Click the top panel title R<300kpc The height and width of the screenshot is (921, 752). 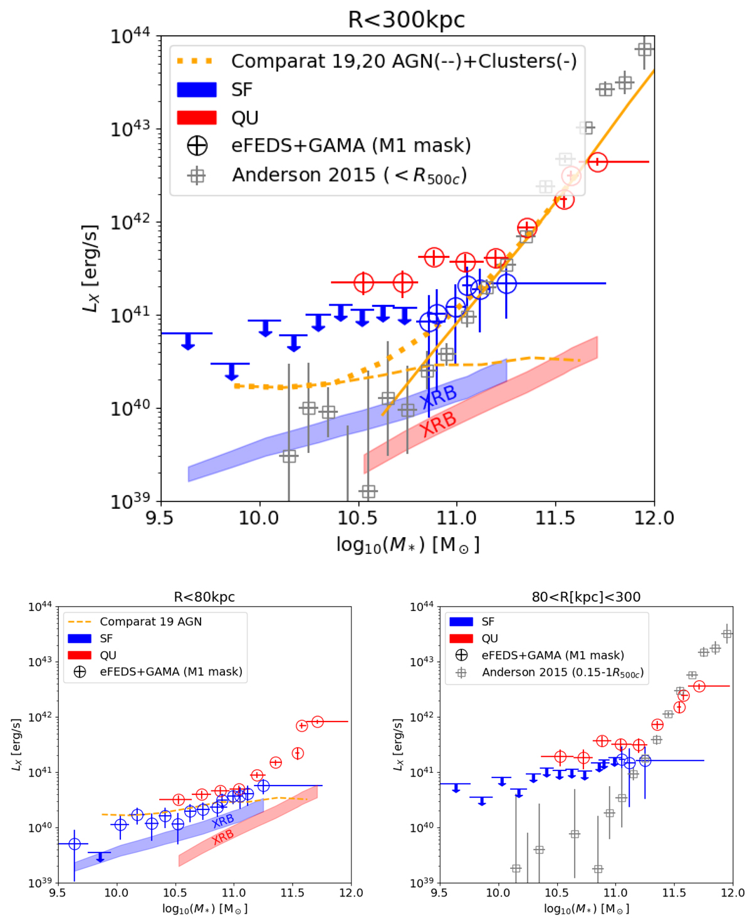(406, 19)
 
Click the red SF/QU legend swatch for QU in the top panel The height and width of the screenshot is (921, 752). (196, 117)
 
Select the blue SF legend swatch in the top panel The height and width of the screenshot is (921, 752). (196, 90)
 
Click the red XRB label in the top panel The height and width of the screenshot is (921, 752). (438, 424)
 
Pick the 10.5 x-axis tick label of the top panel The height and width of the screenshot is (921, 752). (358, 518)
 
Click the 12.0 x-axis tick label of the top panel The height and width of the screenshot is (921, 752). (654, 518)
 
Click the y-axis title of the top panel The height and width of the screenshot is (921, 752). (91, 269)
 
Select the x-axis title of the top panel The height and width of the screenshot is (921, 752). (408, 545)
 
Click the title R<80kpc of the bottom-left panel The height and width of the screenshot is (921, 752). (204, 597)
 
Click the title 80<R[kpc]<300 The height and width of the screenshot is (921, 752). (586, 597)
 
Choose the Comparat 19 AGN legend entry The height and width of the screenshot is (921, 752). (150, 622)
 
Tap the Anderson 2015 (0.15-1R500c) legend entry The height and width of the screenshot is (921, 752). (562, 673)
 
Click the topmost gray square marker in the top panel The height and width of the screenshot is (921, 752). (644, 49)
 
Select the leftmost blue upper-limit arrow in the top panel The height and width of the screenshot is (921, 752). (187, 340)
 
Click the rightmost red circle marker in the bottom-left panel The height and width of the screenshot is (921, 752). (318, 721)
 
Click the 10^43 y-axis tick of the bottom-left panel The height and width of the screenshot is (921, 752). (40, 662)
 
